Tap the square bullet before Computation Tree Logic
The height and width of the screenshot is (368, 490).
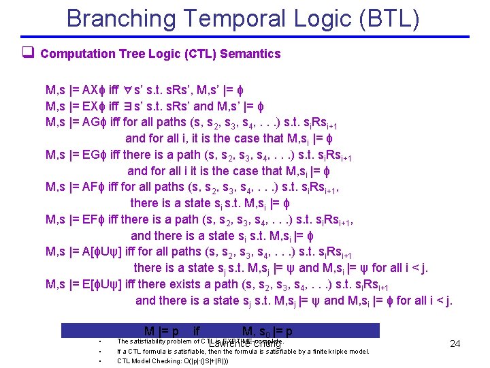[29, 54]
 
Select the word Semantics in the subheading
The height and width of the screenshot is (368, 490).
[254, 54]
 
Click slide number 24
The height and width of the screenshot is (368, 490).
[455, 344]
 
